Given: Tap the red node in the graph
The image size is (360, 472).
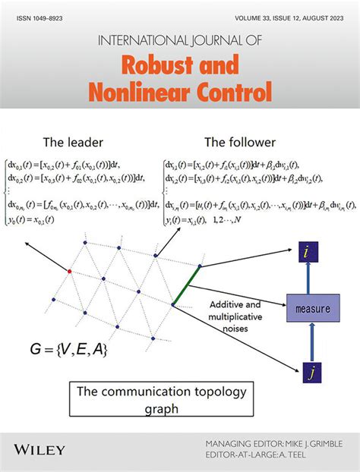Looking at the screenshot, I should click(x=70, y=270).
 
